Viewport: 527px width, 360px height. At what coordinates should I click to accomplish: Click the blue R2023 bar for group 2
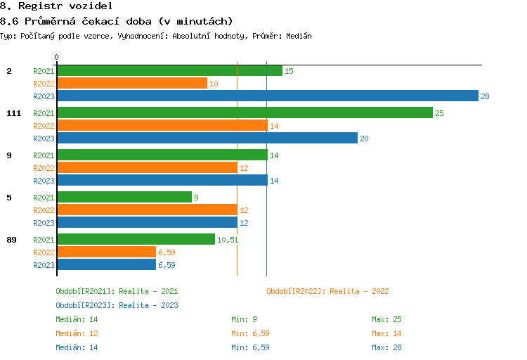pos(267,96)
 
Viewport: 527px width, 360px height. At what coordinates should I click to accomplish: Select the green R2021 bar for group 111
pos(245,112)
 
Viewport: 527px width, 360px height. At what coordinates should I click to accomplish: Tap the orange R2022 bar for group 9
pos(147,167)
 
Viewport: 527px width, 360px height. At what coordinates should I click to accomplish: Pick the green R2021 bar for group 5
pos(124,198)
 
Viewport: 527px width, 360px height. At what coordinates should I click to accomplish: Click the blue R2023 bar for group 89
pos(106,264)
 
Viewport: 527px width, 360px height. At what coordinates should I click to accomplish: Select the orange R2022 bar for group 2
pos(132,83)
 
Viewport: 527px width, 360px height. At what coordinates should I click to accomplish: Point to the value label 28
pos(485,96)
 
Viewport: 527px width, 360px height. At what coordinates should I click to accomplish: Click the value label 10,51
pos(228,240)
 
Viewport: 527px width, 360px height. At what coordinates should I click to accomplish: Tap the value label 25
pos(439,113)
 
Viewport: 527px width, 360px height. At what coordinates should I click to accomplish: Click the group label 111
pos(13,113)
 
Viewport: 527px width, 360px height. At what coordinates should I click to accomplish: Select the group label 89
pos(11,240)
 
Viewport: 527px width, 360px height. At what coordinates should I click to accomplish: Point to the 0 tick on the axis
pos(57,57)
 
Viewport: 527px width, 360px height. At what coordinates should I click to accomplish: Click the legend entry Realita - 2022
pos(327,291)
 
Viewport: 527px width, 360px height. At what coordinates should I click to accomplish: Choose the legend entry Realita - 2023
pos(117,305)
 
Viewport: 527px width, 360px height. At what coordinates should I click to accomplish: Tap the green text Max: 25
pos(386,319)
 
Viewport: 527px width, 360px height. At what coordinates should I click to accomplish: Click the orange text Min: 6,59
pos(250,333)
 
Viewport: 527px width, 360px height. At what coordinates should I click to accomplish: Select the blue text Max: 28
pos(386,347)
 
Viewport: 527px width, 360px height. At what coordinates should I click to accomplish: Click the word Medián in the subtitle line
pos(298,35)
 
